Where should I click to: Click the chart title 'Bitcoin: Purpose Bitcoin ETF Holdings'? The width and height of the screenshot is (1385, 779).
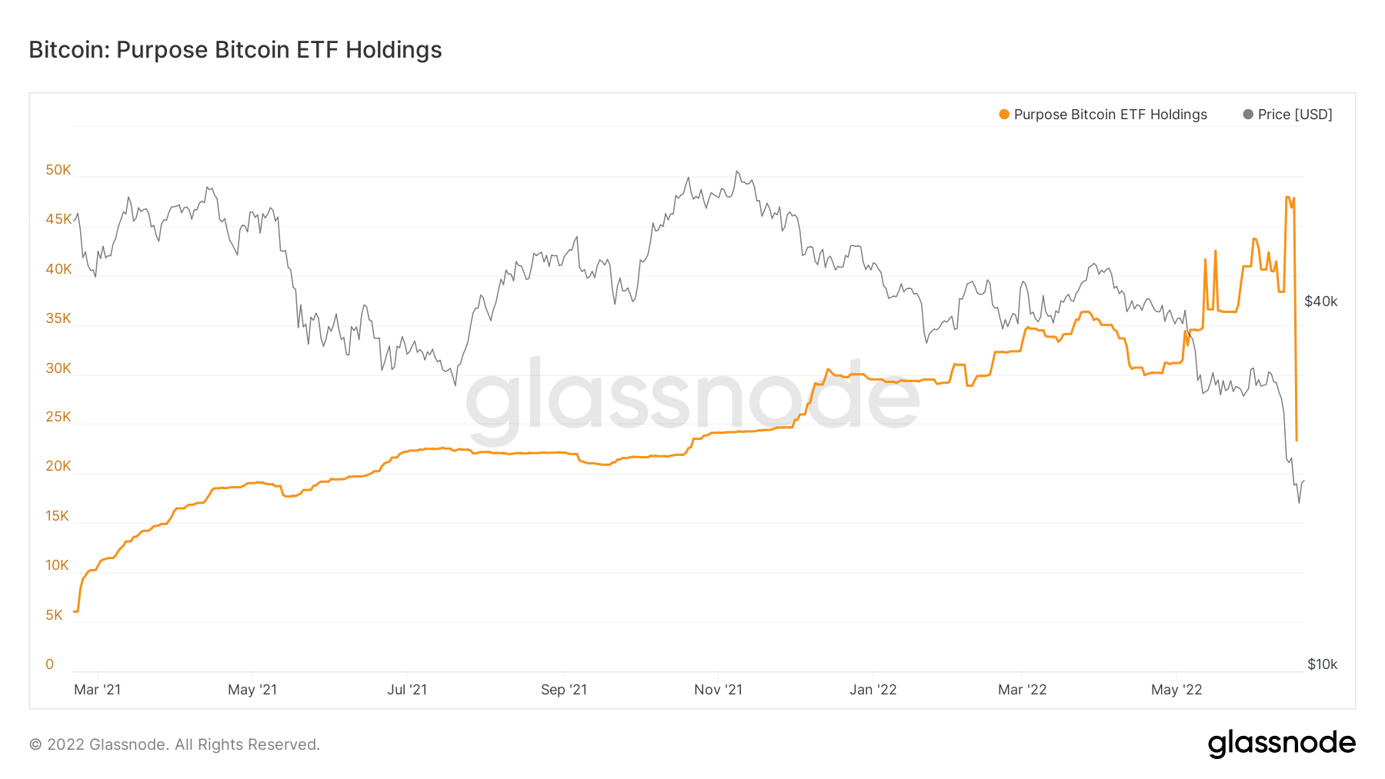click(235, 50)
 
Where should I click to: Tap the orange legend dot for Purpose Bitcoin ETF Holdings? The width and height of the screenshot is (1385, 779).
click(1004, 115)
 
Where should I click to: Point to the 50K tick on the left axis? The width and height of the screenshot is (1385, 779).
click(58, 170)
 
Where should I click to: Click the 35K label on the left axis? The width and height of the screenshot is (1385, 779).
click(58, 318)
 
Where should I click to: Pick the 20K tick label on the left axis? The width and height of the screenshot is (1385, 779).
click(58, 466)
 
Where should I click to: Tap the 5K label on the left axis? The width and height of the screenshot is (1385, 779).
click(54, 615)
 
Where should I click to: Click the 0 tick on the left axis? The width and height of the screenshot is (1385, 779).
click(50, 664)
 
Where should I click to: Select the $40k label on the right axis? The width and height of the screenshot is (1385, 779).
click(1320, 301)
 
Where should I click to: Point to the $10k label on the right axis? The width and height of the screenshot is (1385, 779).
click(1322, 664)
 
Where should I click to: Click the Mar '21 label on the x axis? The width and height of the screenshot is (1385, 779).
click(97, 690)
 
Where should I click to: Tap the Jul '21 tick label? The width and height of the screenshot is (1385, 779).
click(407, 690)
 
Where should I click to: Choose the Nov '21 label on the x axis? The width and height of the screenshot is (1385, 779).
click(718, 690)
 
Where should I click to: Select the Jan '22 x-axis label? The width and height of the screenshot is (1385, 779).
click(873, 690)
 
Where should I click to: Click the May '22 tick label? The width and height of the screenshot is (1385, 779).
click(1176, 690)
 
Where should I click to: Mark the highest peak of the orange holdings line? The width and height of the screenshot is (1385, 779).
click(1288, 198)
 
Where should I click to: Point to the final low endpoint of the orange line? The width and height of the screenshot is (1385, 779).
click(1297, 441)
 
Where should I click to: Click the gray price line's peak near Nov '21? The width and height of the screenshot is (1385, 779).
click(736, 171)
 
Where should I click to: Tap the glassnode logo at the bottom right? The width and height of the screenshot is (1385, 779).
click(1281, 744)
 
